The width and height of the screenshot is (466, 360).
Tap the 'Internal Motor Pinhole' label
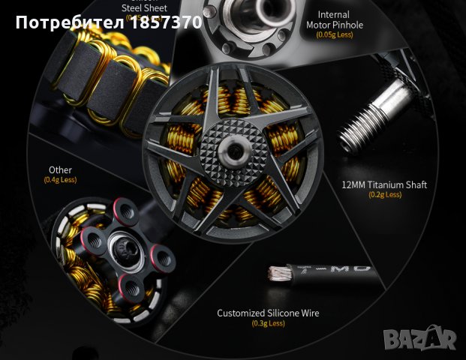click(x=334, y=19)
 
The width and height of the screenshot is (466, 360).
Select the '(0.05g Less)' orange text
click(x=334, y=34)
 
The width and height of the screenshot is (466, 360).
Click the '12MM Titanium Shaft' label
click(x=383, y=184)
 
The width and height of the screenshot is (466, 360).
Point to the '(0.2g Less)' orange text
click(x=383, y=195)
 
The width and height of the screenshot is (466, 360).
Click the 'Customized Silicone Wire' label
click(x=268, y=313)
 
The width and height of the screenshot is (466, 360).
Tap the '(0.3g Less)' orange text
click(x=268, y=324)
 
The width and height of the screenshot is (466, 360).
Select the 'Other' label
click(x=60, y=170)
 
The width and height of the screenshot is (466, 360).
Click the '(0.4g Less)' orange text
click(x=60, y=180)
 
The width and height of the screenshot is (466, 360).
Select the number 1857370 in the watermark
click(x=166, y=22)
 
